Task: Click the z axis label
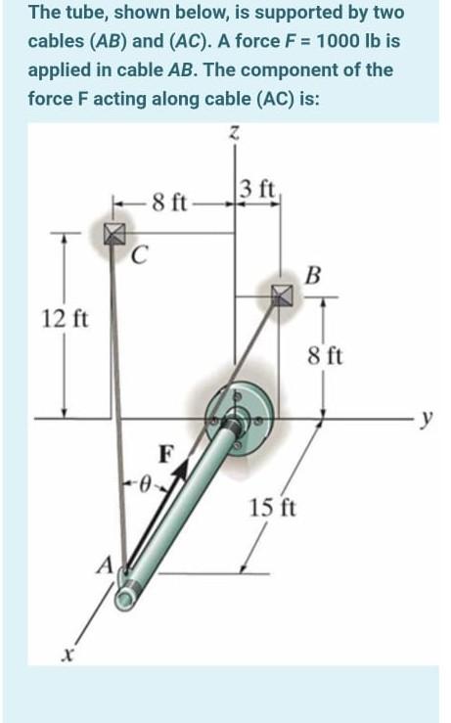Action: [x=235, y=133]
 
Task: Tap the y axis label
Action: [x=428, y=419]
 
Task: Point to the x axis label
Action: [x=68, y=654]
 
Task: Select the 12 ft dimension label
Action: [x=65, y=319]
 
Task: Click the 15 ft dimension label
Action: [x=273, y=508]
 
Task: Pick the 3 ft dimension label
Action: [x=258, y=189]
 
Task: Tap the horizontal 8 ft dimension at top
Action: [x=169, y=202]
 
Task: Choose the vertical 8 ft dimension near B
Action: [x=326, y=356]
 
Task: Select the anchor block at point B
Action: [x=282, y=295]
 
